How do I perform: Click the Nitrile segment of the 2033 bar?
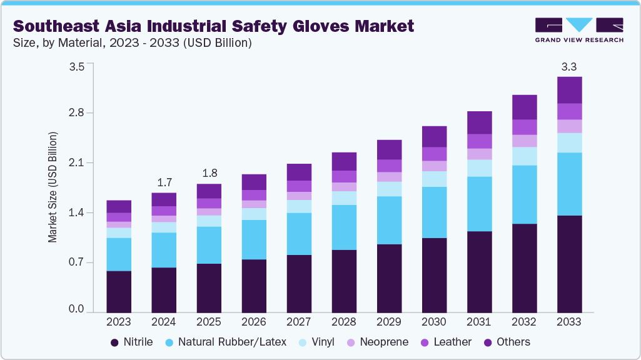tap(569, 264)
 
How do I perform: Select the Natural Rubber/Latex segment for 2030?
tap(434, 212)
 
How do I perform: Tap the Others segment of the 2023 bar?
tap(119, 206)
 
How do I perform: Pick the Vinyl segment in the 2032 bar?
tap(524, 156)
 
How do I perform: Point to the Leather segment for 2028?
tap(344, 176)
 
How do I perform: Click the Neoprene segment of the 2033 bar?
tap(569, 126)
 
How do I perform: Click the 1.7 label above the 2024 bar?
tap(164, 182)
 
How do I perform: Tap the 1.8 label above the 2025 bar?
tap(209, 173)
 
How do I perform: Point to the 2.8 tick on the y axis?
tap(76, 113)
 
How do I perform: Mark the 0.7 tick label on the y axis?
tap(76, 262)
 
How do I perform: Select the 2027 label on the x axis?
tap(299, 322)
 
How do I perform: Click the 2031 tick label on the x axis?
tap(479, 322)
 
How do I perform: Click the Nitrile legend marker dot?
tap(114, 342)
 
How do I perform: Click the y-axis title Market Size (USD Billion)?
tap(53, 187)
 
